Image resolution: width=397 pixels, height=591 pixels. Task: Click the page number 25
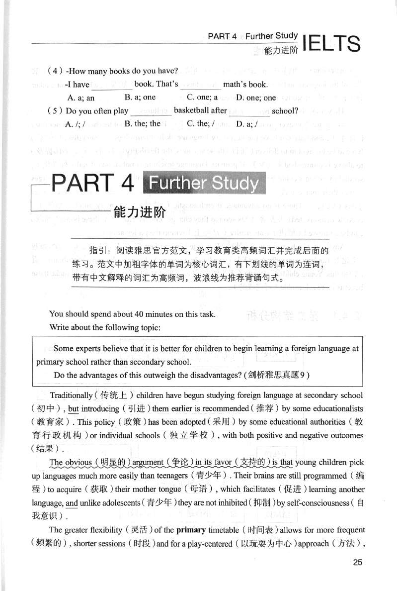pyautogui.click(x=358, y=562)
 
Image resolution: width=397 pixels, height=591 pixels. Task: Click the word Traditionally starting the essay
pyautogui.click(x=71, y=395)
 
